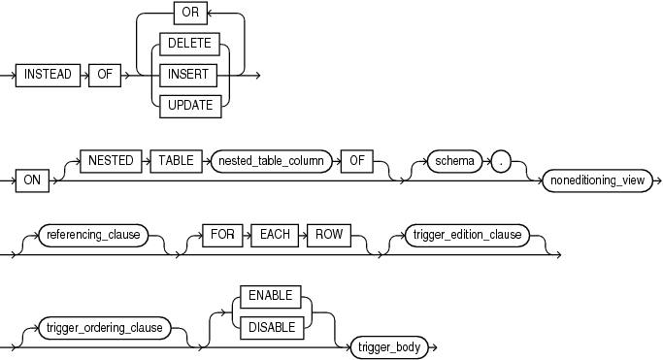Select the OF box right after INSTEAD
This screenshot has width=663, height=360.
[102, 75]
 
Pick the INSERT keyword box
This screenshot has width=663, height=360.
[190, 75]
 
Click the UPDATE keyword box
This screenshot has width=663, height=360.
[190, 104]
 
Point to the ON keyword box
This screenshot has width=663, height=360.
[33, 181]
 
